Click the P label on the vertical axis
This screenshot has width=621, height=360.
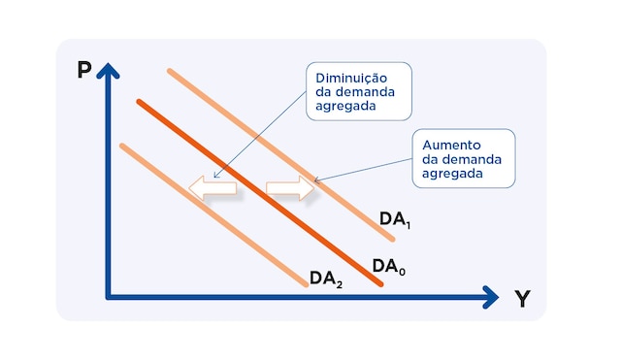85,71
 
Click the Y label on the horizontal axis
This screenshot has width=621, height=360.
522,299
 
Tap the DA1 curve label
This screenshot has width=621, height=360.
395,220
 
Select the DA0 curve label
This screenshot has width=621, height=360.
388,266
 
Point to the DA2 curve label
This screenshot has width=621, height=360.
325,278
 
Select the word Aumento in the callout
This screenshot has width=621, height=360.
449,145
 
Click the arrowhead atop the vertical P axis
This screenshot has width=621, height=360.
109,69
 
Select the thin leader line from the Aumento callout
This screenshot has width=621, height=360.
364,167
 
